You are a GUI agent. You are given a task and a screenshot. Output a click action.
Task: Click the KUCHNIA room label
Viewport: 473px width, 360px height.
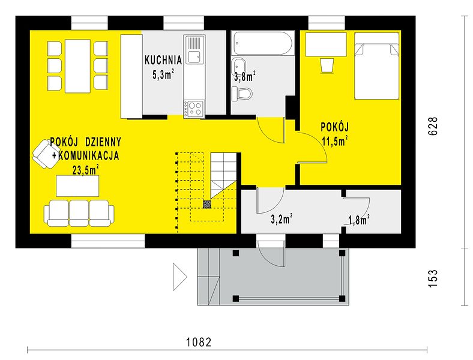163,60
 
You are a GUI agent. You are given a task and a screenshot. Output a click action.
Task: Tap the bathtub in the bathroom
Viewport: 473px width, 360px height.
263,43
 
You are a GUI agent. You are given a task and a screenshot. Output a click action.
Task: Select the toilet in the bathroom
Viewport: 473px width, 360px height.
242,94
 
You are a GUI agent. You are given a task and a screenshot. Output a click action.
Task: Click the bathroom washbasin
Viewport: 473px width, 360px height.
239,66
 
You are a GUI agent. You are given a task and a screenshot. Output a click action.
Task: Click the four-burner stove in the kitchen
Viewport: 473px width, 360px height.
194,109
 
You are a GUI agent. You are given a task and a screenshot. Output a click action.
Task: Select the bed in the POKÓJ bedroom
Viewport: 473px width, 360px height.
377,66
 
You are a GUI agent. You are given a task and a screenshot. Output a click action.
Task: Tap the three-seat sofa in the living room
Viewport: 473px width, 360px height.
79,212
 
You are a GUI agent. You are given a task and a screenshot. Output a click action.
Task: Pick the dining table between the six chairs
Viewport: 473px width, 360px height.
78,66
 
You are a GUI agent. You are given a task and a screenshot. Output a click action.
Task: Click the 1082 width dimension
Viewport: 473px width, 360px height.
199,342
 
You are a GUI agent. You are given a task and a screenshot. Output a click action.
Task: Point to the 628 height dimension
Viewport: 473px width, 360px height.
433,126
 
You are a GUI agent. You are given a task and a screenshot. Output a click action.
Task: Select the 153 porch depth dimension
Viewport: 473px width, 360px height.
433,278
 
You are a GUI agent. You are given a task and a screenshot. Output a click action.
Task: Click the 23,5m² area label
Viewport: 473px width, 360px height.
86,170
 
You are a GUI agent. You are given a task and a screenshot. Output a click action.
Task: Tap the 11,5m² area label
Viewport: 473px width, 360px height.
335,140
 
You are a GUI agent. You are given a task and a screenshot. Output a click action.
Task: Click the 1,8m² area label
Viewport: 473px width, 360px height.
359,220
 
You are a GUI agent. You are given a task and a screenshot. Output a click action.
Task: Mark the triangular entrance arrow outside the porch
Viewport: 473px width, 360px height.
180,277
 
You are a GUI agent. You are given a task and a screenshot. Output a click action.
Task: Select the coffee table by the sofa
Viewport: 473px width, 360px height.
77,186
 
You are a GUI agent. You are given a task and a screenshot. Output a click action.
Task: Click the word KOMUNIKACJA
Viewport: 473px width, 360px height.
88,155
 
